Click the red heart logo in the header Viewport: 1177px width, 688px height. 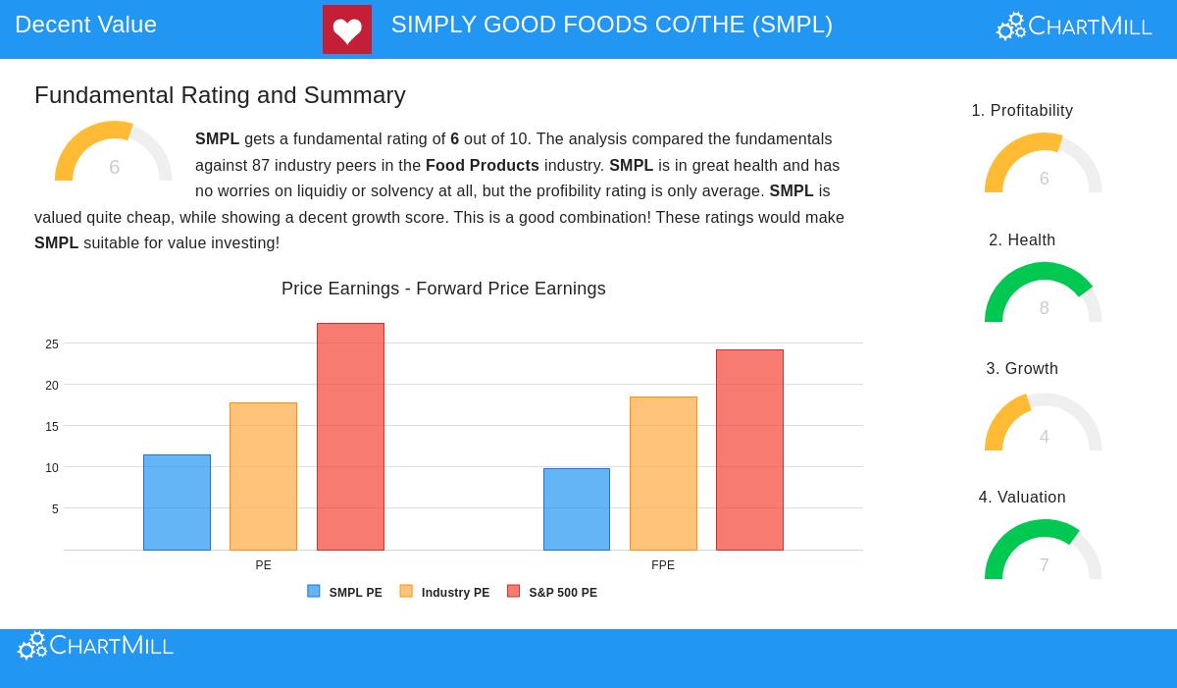coord(346,29)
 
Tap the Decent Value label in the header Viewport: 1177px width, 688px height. coord(85,25)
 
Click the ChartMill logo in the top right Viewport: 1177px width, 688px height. coord(1074,26)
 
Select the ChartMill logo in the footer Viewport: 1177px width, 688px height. coord(96,646)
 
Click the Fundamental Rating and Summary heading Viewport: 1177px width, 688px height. coord(220,95)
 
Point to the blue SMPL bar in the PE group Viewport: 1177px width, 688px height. coord(177,503)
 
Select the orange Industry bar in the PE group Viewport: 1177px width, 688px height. coord(263,477)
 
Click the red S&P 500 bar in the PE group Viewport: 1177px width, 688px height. coord(350,437)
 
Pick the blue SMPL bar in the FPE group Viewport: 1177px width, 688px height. coord(577,509)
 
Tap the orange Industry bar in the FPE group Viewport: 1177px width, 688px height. coord(663,473)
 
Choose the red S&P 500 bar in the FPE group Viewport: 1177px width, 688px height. coord(749,450)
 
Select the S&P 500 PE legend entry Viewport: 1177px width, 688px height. coord(552,592)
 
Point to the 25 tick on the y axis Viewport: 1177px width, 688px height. coord(52,344)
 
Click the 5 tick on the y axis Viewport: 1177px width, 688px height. coord(55,509)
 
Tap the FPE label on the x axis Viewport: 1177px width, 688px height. coord(663,565)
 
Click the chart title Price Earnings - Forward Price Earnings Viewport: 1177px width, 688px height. coord(443,289)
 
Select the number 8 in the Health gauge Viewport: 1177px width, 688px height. coord(1044,308)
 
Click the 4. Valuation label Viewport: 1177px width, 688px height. coord(1022,498)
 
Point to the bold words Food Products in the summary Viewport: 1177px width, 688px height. coord(483,166)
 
